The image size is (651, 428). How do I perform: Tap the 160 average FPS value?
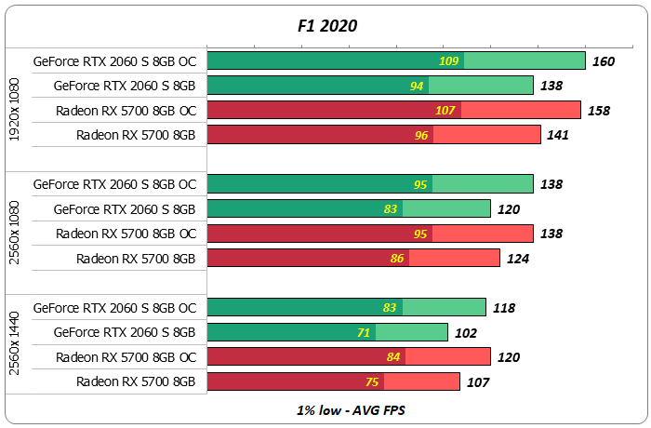click(604, 61)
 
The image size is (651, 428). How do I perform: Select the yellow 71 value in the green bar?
click(365, 332)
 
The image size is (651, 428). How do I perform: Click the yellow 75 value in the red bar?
click(372, 381)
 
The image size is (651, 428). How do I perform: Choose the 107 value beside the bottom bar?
click(476, 381)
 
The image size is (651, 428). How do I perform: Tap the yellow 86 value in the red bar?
click(397, 259)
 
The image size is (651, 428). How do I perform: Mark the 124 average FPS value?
click(517, 259)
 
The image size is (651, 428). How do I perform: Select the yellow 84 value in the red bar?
click(394, 357)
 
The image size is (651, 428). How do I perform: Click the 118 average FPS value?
click(502, 308)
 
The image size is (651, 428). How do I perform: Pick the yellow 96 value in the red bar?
click(420, 135)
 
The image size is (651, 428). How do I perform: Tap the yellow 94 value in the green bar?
click(418, 86)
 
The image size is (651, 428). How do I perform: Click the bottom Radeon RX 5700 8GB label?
click(136, 381)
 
